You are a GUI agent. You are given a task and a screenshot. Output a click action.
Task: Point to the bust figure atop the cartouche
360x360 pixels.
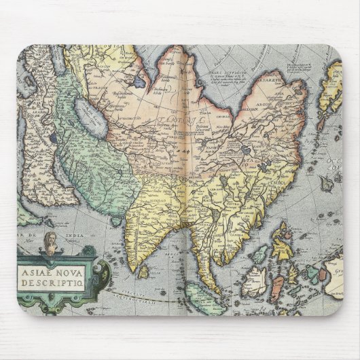tap(50, 242)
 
